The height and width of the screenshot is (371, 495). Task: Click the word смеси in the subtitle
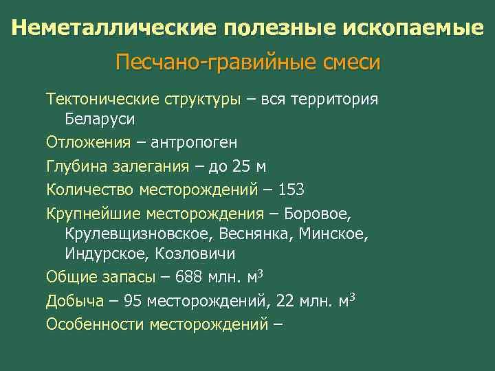(x=350, y=63)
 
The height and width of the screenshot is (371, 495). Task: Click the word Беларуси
(x=100, y=119)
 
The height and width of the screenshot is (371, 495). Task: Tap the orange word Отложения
(x=88, y=143)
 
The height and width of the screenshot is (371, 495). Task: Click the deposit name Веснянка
(x=258, y=234)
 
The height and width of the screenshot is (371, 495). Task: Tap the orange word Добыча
(x=74, y=301)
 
